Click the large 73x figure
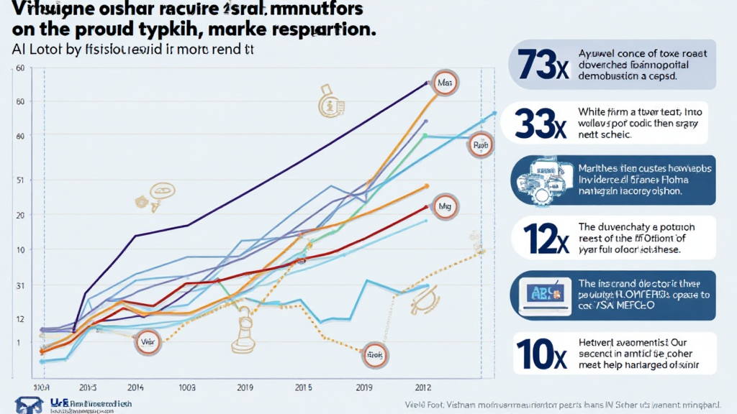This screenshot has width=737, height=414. tap(538, 65)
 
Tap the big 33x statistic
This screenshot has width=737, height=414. tap(538, 124)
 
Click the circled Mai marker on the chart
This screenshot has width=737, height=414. tap(444, 83)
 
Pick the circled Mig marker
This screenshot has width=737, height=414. tap(443, 206)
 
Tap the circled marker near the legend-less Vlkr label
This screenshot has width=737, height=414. tap(148, 342)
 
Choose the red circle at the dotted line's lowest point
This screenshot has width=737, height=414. tap(374, 354)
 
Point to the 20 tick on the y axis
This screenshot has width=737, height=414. tap(20, 216)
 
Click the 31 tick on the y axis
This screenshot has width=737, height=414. tap(20, 285)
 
